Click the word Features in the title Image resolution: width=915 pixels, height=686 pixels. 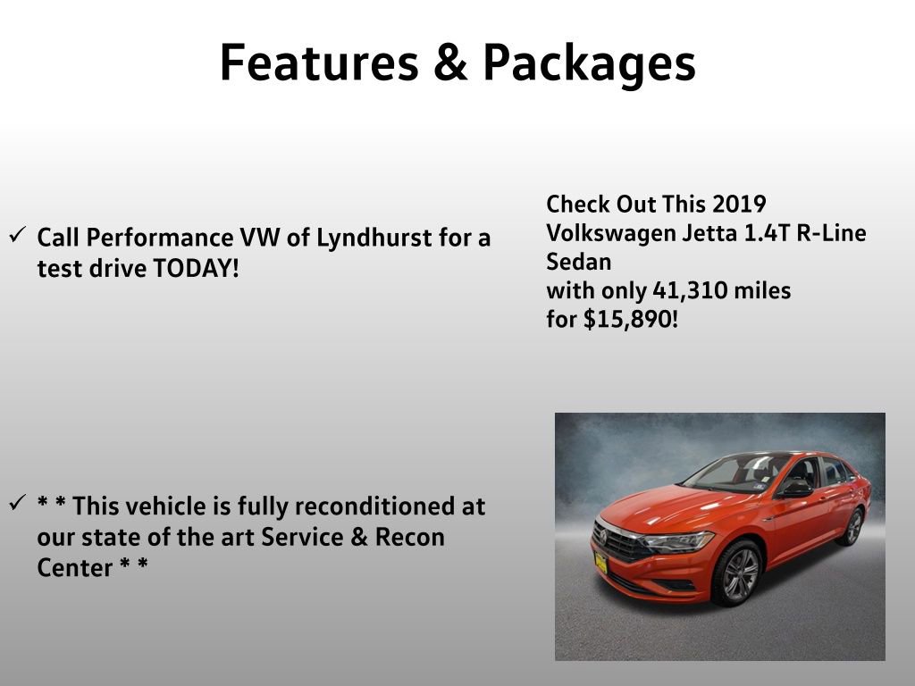coord(318,63)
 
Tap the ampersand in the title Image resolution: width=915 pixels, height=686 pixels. coord(450,63)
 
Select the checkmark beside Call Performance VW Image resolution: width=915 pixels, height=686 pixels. coord(17,236)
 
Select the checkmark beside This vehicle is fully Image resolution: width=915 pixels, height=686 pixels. coord(17,503)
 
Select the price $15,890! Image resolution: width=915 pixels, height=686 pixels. coord(631,319)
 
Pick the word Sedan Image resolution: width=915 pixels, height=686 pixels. coord(579,262)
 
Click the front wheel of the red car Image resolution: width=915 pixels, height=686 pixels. coord(741,574)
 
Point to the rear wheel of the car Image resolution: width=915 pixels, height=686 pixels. coord(852,526)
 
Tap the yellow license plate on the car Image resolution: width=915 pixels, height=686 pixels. coord(601,562)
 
